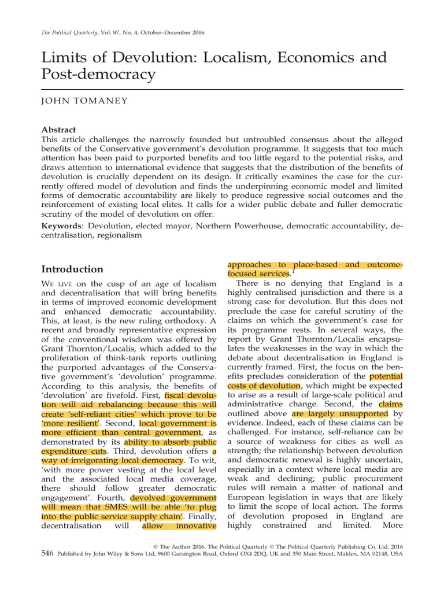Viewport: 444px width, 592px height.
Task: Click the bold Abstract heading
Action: click(x=60, y=129)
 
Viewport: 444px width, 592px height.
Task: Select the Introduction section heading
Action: click(x=72, y=269)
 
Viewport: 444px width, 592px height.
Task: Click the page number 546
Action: click(x=47, y=553)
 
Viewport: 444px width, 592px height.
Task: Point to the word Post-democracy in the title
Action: click(x=99, y=75)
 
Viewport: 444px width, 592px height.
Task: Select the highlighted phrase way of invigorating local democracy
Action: click(x=113, y=461)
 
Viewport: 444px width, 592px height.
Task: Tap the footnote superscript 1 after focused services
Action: click(x=293, y=271)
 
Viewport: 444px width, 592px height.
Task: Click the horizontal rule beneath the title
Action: click(x=222, y=89)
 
